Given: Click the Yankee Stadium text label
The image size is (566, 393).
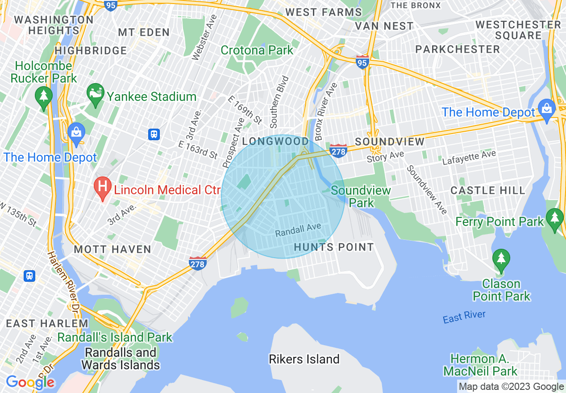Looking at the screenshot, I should pyautogui.click(x=151, y=96).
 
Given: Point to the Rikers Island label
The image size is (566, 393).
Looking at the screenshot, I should pyautogui.click(x=304, y=359).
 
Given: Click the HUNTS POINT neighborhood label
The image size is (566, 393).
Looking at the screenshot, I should pyautogui.click(x=333, y=247).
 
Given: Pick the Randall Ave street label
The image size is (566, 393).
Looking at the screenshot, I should pyautogui.click(x=298, y=230).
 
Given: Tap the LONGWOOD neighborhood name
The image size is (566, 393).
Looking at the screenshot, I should pyautogui.click(x=275, y=142).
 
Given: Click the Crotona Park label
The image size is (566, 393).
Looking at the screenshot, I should pyautogui.click(x=257, y=50).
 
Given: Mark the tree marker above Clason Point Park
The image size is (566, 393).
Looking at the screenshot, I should pyautogui.click(x=501, y=259).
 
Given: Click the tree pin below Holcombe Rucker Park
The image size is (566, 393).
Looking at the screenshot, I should pyautogui.click(x=43, y=97).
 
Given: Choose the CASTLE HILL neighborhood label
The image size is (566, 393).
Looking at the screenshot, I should pyautogui.click(x=488, y=190).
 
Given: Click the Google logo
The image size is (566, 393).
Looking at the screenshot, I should pyautogui.click(x=30, y=382).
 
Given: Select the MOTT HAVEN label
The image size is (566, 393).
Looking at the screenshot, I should pyautogui.click(x=112, y=249).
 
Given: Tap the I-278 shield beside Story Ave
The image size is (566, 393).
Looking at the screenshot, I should pyautogui.click(x=339, y=151).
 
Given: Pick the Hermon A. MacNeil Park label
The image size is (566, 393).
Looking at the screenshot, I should pyautogui.click(x=480, y=364).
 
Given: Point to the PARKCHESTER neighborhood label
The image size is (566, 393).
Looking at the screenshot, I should pyautogui.click(x=458, y=49).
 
